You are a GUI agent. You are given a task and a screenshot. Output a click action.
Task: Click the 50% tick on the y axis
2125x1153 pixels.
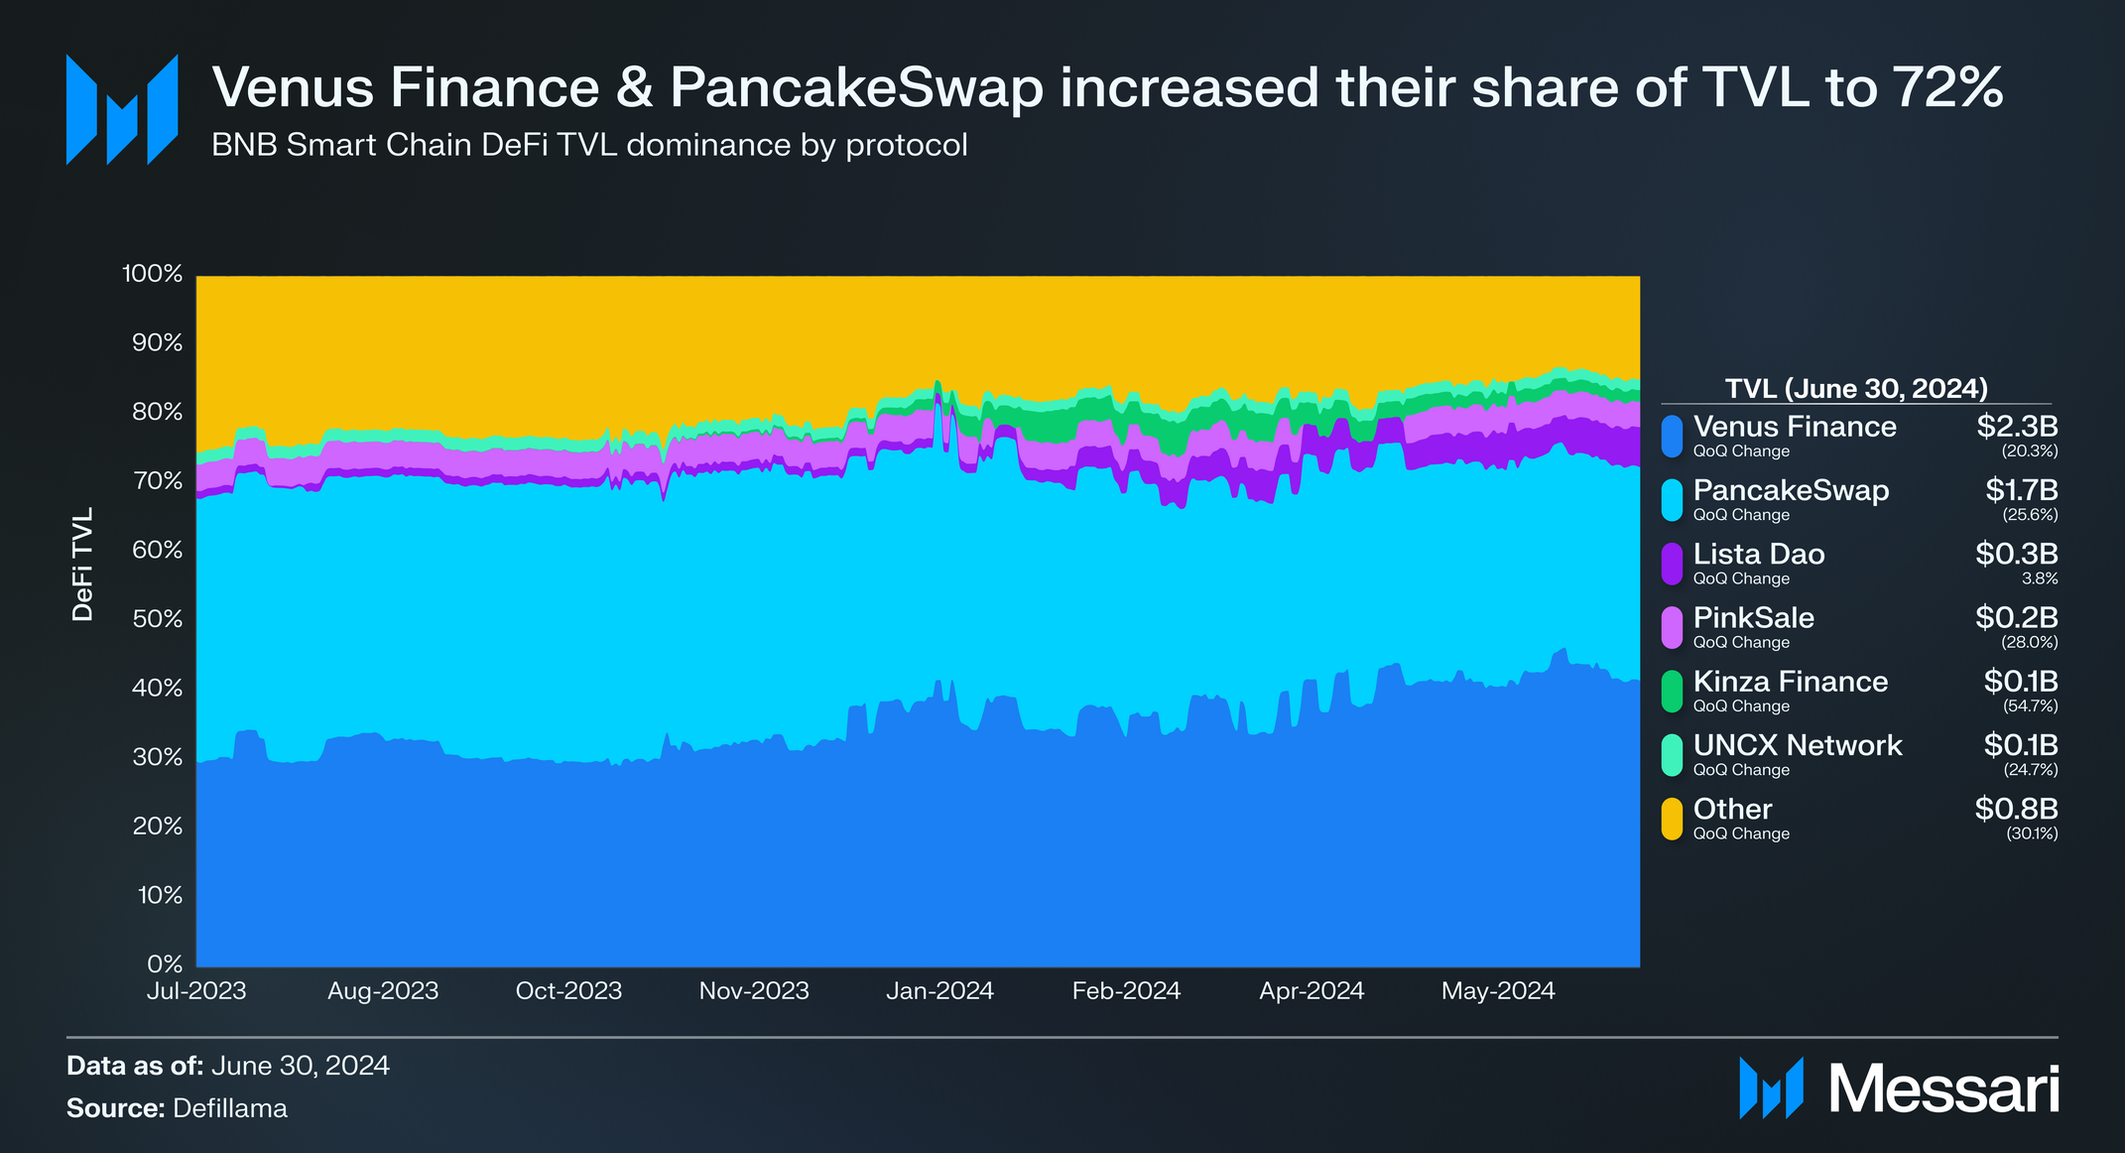click(157, 619)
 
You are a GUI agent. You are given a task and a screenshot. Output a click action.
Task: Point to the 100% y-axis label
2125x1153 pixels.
click(152, 274)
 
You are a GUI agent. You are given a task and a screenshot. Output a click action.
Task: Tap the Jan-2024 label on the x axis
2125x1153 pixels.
click(938, 990)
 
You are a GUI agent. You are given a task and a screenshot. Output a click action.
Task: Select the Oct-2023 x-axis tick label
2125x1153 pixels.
click(568, 990)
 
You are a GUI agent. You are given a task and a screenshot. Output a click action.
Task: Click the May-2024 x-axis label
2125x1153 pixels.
click(1497, 990)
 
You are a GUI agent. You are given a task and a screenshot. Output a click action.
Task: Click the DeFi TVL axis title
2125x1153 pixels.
click(82, 565)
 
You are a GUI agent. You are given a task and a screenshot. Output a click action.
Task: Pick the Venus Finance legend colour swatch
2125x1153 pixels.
click(1672, 436)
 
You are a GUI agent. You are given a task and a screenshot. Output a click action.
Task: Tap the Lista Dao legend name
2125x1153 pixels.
click(1758, 554)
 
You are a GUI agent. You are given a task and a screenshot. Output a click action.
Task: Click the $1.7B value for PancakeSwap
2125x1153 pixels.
click(2021, 490)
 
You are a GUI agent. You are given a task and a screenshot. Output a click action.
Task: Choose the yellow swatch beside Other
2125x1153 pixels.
click(1672, 819)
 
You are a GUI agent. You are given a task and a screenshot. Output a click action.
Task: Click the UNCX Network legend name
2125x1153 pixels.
click(1797, 745)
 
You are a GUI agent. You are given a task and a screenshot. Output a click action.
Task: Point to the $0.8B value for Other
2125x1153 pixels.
click(2016, 809)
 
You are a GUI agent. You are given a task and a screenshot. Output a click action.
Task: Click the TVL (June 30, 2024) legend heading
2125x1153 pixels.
click(1856, 388)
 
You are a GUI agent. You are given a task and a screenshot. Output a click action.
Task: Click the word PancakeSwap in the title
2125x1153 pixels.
click(856, 87)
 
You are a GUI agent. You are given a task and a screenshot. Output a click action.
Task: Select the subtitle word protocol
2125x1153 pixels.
click(906, 146)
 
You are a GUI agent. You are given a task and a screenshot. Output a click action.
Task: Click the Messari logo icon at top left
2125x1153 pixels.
click(121, 109)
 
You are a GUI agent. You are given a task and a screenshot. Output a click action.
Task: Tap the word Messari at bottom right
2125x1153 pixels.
click(1943, 1089)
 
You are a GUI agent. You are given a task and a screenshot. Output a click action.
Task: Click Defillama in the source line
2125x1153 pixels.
click(230, 1108)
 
